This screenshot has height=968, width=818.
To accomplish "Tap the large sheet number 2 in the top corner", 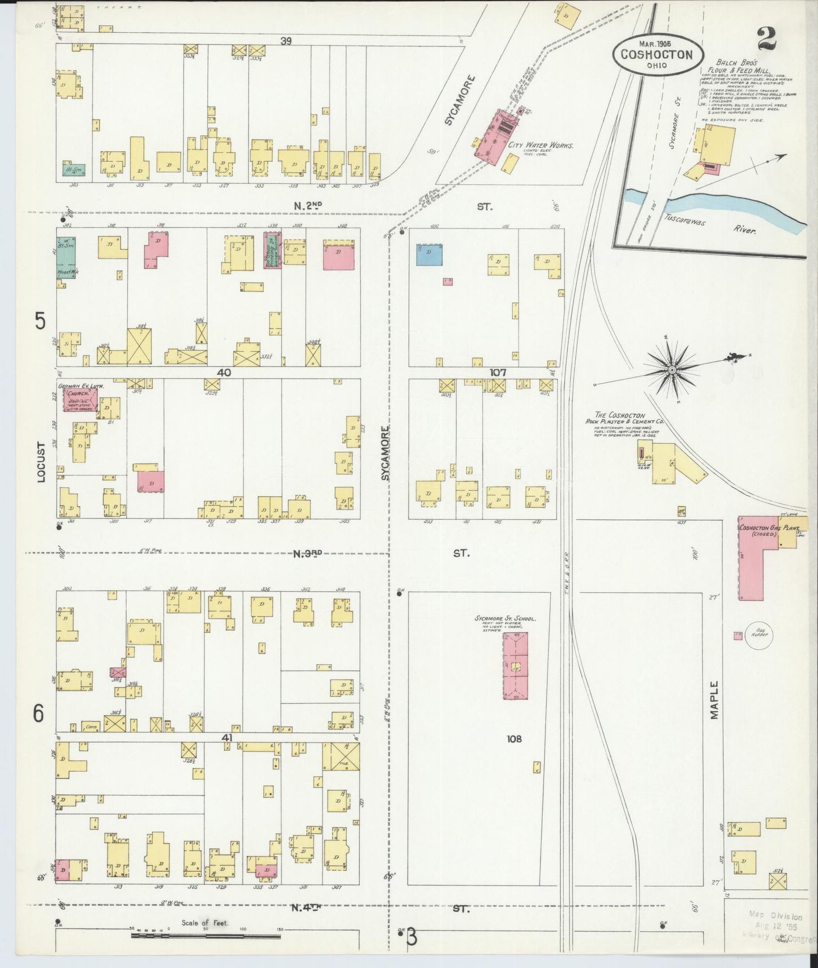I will coord(767,40).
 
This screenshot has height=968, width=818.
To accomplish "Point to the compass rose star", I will coord(672,370).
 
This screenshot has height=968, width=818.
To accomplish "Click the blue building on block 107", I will coord(429,255).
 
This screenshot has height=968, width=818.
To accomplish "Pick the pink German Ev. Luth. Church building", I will coord(80,400).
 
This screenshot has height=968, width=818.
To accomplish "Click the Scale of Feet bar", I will coord(205,936).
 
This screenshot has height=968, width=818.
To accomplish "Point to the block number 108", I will coord(515,738).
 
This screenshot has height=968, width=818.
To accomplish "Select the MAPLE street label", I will coord(714,700).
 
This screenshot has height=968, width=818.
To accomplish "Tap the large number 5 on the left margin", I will coord(40,321).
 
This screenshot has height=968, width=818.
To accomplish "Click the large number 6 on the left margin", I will coord(38,713).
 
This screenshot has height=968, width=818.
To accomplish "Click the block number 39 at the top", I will coord(286,41).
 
